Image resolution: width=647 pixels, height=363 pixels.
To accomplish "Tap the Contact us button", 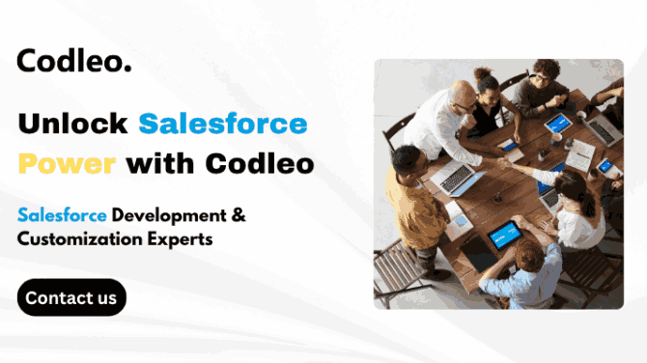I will (71, 297).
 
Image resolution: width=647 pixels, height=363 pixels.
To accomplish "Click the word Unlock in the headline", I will (72, 124).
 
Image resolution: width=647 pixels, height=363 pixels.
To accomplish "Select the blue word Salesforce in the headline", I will (223, 124).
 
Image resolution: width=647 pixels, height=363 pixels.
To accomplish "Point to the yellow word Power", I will (68, 163).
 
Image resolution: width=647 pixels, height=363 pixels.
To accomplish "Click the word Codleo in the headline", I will (262, 163).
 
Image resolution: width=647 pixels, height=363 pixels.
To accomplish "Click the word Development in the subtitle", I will (167, 213).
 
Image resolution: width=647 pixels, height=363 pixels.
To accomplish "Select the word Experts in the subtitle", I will (179, 238).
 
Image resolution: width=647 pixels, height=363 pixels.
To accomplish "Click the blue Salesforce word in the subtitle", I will (62, 213).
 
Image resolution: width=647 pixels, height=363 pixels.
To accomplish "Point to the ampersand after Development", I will (237, 213).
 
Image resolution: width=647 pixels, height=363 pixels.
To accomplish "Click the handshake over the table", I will (498, 164).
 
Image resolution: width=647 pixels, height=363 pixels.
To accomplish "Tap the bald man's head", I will (464, 95).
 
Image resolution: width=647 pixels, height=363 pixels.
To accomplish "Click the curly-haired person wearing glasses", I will (545, 77).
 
